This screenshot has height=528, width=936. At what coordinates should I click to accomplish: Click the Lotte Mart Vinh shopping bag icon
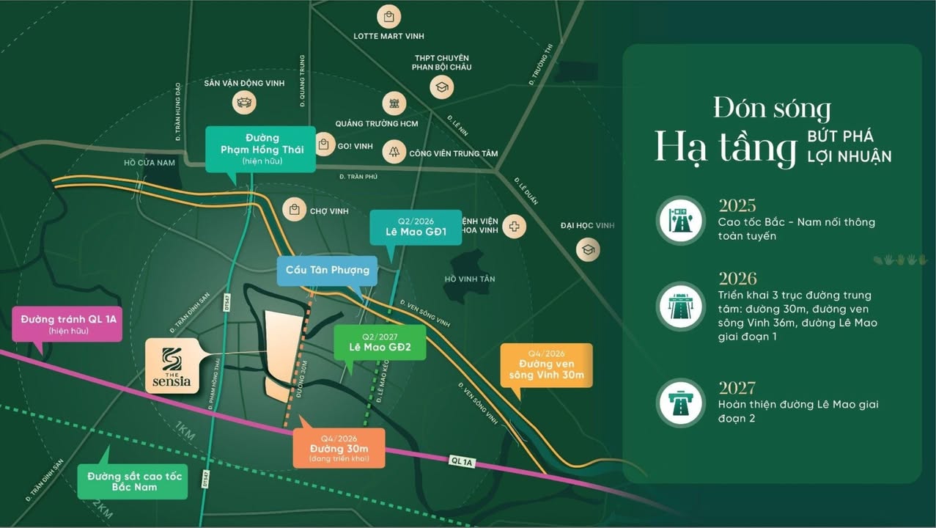tap(388, 16)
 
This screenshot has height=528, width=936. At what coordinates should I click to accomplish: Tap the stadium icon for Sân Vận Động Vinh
tap(244, 102)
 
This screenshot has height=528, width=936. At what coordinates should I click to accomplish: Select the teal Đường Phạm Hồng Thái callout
tap(260, 149)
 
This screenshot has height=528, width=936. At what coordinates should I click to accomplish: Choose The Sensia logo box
tap(172, 366)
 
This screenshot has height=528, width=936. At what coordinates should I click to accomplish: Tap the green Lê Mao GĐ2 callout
tap(379, 341)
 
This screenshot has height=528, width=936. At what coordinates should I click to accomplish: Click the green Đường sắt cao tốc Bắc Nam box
tap(133, 481)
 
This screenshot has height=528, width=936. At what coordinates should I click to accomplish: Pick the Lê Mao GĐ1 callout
tap(416, 228)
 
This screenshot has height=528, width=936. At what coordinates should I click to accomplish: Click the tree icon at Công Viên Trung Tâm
tap(394, 151)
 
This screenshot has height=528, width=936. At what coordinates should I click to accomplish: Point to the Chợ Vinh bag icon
tap(295, 210)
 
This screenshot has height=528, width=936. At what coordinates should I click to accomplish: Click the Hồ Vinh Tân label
tap(470, 279)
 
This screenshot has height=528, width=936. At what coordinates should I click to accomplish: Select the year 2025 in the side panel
tap(737, 205)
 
